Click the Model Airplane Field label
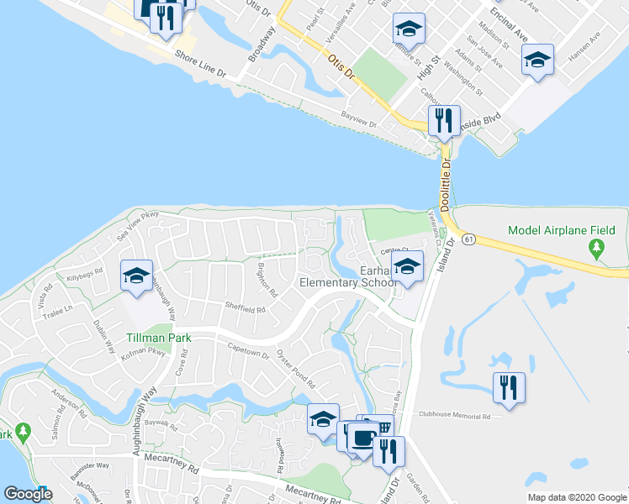[562, 230]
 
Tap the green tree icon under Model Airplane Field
[597, 248]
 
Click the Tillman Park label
[158, 339]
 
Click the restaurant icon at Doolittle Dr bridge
[443, 120]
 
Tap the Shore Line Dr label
[201, 66]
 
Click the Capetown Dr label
[247, 349]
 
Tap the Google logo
[29, 494]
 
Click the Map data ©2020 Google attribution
[576, 497]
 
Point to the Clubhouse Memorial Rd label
[454, 417]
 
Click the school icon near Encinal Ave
[537, 60]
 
